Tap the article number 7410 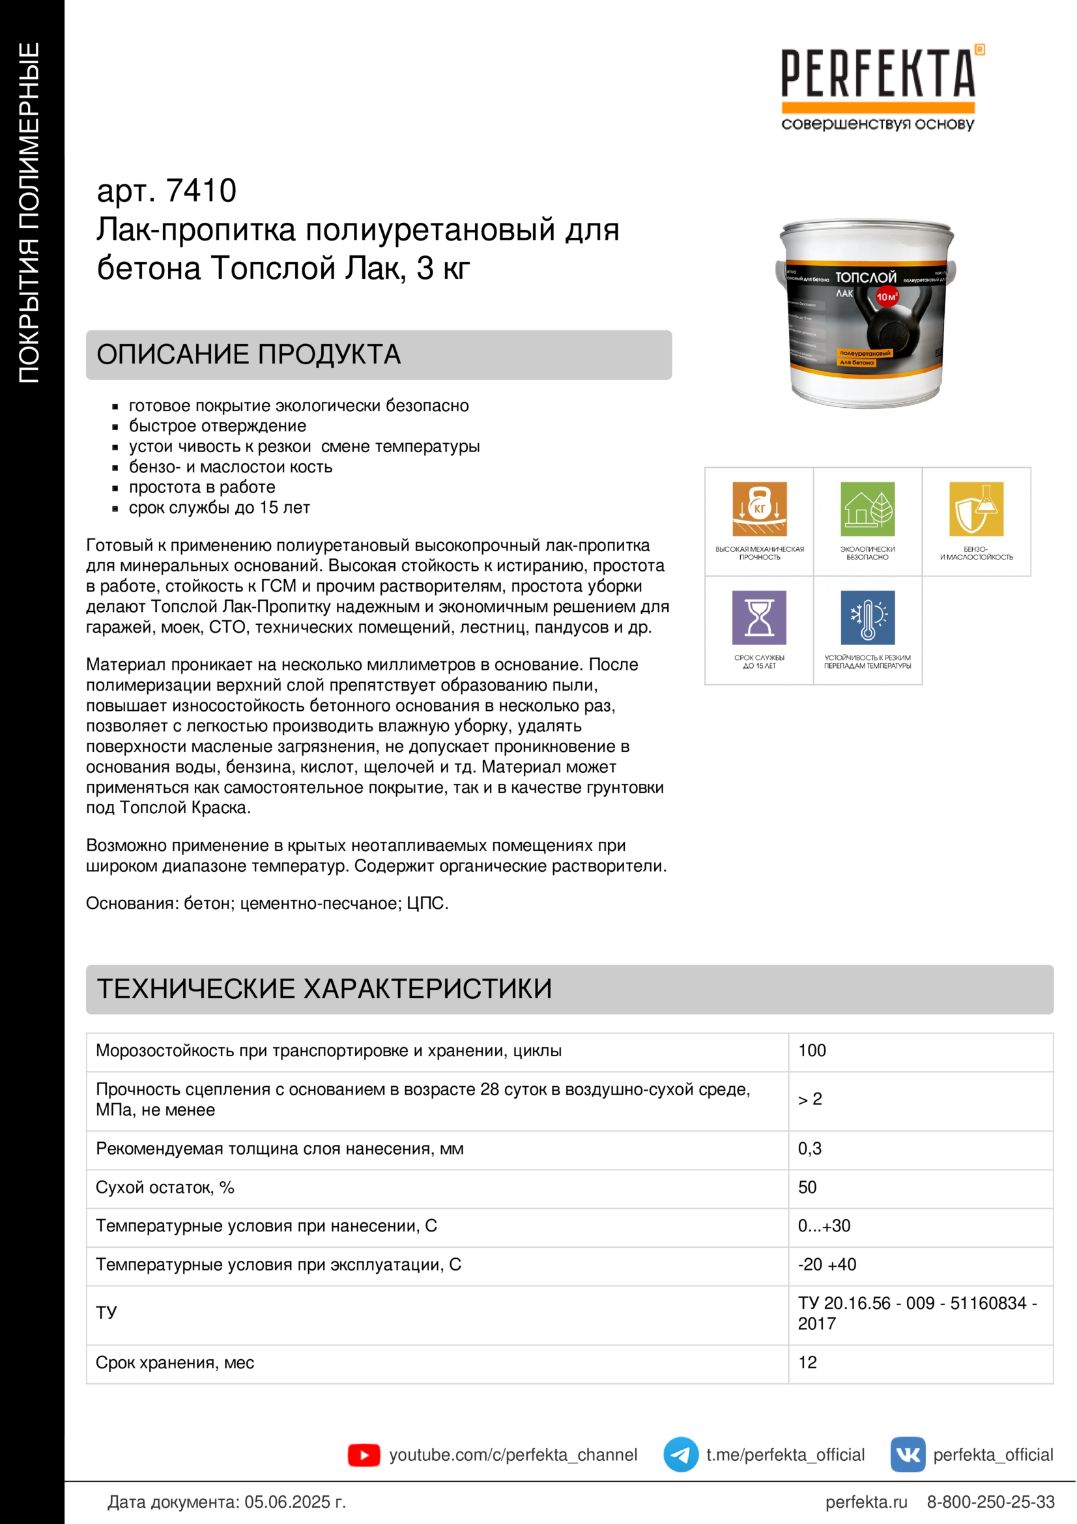(201, 191)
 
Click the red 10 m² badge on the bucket (887, 296)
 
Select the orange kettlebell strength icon (759, 508)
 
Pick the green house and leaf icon (867, 508)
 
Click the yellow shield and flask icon (975, 508)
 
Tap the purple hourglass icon (759, 617)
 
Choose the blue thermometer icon (867, 617)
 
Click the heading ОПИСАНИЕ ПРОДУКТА (249, 354)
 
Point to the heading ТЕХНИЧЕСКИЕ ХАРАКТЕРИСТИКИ (324, 989)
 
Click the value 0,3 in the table (810, 1149)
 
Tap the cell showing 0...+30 (824, 1226)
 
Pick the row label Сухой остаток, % (165, 1188)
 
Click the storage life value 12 (807, 1362)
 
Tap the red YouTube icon (364, 1455)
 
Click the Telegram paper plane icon (680, 1455)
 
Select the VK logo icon (907, 1455)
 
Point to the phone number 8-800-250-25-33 (990, 1502)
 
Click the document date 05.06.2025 (294, 1502)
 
